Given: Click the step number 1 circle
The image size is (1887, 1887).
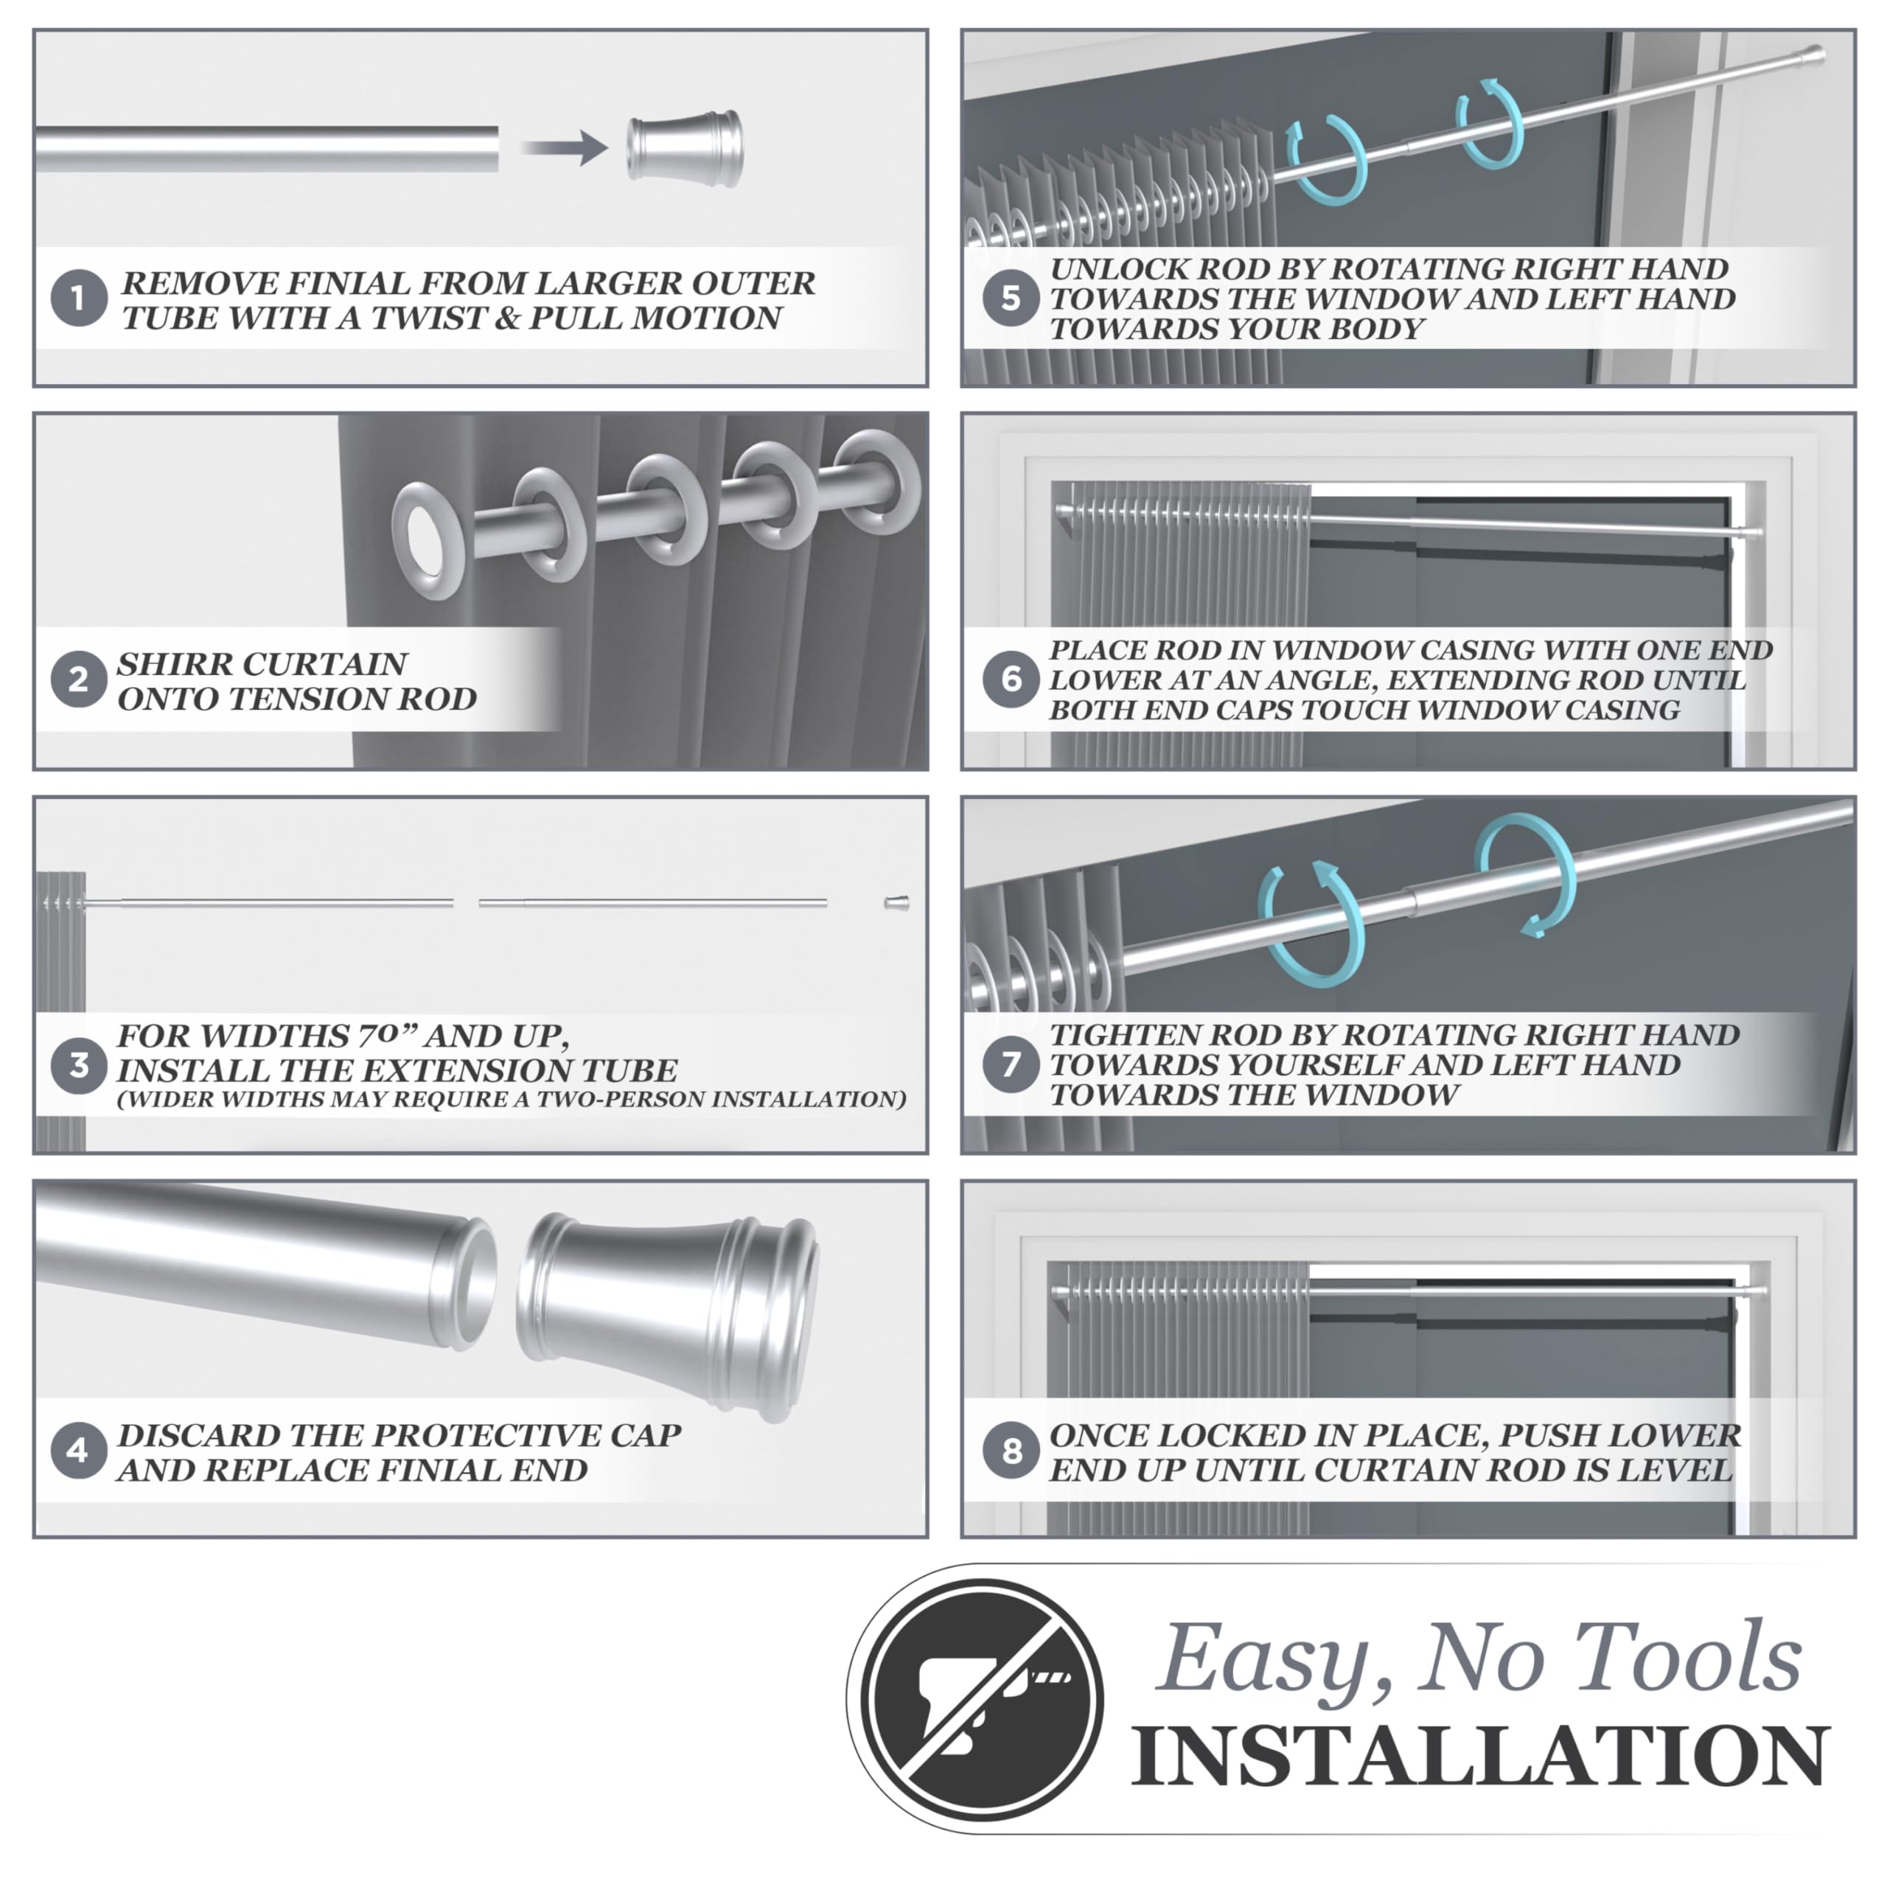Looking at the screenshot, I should click(x=79, y=299).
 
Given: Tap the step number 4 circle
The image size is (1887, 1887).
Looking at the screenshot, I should click(x=79, y=1451).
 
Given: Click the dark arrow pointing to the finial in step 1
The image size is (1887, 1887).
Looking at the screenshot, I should click(x=565, y=148).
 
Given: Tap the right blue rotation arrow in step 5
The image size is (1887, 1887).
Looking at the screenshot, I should click(x=1490, y=123).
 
